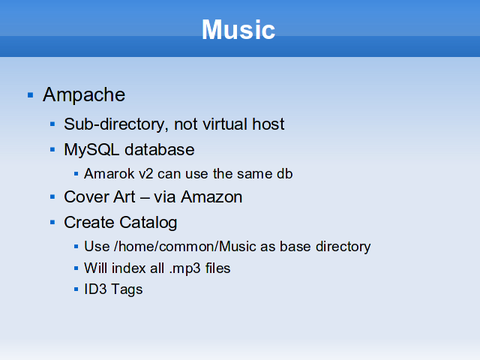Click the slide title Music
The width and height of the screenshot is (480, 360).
click(x=238, y=30)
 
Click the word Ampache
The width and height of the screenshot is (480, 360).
click(x=84, y=95)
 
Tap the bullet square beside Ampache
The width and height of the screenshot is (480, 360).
click(x=30, y=95)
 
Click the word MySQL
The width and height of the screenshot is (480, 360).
click(x=91, y=150)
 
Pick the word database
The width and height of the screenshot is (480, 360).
click(x=160, y=150)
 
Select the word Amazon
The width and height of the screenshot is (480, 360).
click(x=211, y=196)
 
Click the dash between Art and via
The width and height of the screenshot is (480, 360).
click(x=145, y=197)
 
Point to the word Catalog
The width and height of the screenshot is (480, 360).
click(x=148, y=223)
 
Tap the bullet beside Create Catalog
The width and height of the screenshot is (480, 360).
click(x=52, y=222)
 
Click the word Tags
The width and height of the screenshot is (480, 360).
click(x=127, y=290)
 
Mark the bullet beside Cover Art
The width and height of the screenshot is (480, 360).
click(x=52, y=196)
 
